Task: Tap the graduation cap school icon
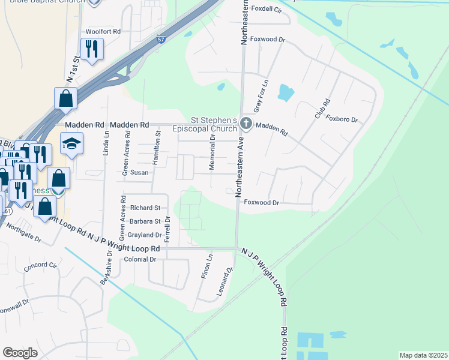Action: [x=71, y=144]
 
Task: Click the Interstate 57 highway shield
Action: [x=161, y=40]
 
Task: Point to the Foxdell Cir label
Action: [x=267, y=10]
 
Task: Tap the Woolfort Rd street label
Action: [x=103, y=31]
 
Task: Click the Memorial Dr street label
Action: [x=212, y=152]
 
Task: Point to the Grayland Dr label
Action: [x=141, y=235]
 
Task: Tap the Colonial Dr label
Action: [x=139, y=260]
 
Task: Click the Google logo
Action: [x=20, y=353]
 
